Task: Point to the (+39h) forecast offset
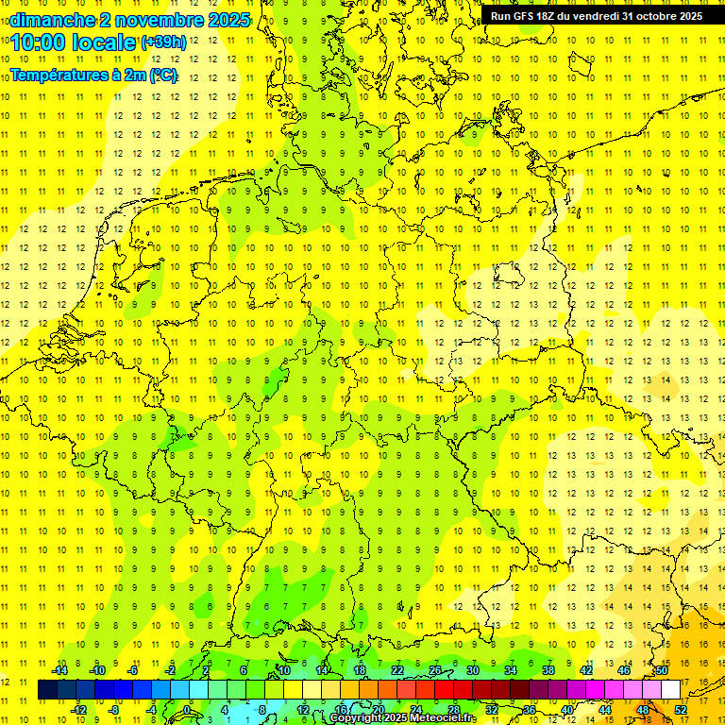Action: (x=163, y=42)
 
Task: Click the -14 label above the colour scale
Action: (x=59, y=670)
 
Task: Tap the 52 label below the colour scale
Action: (x=682, y=709)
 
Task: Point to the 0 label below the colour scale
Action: (x=187, y=709)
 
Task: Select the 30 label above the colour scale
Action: (x=472, y=670)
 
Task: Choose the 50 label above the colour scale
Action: (x=662, y=670)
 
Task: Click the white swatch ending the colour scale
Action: (x=670, y=689)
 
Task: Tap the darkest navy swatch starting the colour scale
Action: (x=47, y=689)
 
